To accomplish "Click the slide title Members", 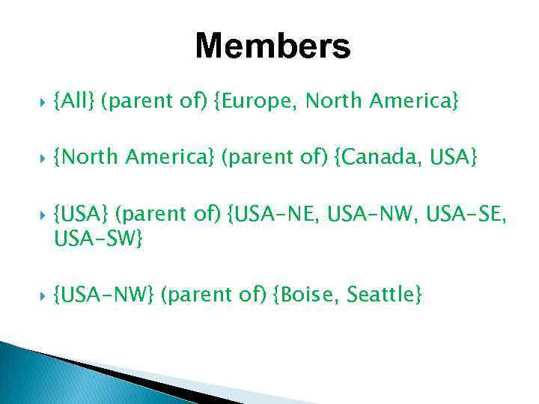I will click(x=272, y=46).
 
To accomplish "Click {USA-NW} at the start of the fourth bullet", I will click(x=104, y=295).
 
